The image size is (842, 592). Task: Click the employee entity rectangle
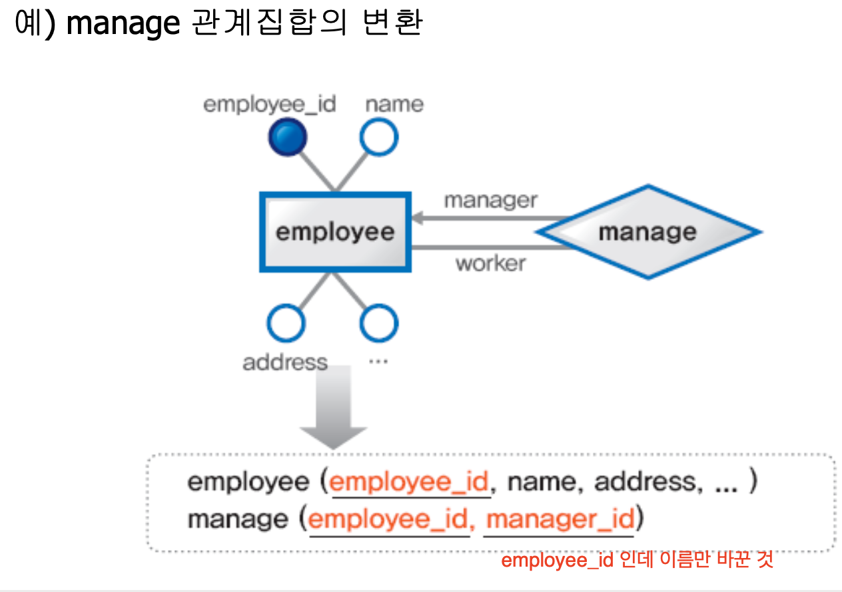point(335,232)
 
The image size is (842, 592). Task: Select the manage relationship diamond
point(647,232)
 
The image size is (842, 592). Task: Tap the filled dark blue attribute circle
point(287,138)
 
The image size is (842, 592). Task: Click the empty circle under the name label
point(379,138)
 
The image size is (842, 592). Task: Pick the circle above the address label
point(286,323)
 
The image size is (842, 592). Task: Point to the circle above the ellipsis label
point(379,323)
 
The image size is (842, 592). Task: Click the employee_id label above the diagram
point(270,105)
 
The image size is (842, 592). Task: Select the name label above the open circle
point(394,105)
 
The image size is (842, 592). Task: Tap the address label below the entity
point(285,363)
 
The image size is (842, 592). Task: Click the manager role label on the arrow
point(490,200)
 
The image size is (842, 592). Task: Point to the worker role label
point(490,263)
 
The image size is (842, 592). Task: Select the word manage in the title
point(123,25)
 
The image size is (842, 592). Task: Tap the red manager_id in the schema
point(560,519)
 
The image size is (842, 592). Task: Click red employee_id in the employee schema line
point(410,482)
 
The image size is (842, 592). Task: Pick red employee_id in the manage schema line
point(389,519)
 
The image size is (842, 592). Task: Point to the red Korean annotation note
point(637,560)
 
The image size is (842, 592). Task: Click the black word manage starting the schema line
point(238,519)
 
